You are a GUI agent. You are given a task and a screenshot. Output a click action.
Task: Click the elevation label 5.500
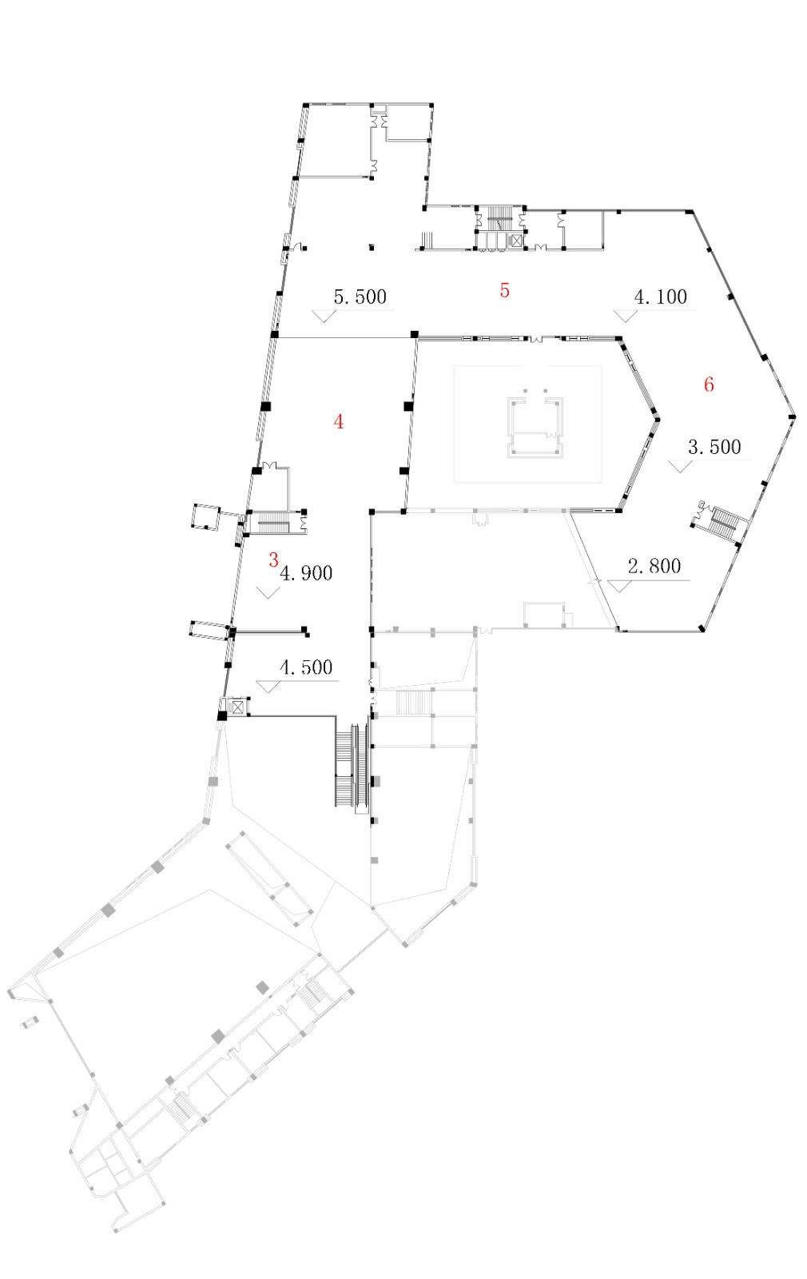click(x=360, y=297)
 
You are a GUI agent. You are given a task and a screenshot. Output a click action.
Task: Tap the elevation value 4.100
click(x=660, y=297)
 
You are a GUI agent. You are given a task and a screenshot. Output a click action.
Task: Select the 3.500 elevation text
click(x=714, y=447)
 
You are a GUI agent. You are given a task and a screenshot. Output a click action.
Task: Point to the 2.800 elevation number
click(x=654, y=567)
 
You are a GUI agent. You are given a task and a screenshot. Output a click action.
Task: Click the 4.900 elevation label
click(x=307, y=573)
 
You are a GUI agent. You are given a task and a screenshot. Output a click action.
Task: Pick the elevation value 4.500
click(x=306, y=667)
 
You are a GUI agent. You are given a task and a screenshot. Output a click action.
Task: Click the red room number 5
click(x=504, y=290)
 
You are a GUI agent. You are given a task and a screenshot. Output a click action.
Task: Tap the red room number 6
click(x=709, y=384)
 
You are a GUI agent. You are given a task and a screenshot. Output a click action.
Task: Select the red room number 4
click(x=339, y=422)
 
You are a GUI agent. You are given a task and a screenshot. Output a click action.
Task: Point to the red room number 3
click(x=273, y=560)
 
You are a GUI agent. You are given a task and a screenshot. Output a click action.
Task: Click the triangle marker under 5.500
click(x=324, y=316)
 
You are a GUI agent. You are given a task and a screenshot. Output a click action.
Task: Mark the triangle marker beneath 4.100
click(x=625, y=316)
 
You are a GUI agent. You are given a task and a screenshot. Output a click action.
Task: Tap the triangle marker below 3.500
click(x=679, y=466)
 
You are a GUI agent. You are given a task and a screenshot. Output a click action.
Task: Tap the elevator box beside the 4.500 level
click(x=238, y=707)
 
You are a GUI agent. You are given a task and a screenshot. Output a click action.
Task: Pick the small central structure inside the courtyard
click(x=536, y=424)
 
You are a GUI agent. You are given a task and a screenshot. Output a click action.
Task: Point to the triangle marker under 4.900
click(x=268, y=592)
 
